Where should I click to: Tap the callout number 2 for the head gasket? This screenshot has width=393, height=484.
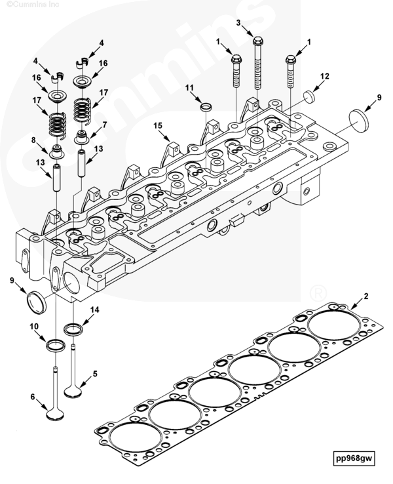(365, 296)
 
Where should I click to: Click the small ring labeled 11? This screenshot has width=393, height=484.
(205, 106)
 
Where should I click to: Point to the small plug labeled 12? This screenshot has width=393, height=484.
(309, 97)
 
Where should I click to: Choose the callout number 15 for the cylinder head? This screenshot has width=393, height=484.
(157, 125)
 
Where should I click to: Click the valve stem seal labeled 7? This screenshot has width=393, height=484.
(84, 138)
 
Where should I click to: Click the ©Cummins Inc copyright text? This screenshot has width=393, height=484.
(25, 4)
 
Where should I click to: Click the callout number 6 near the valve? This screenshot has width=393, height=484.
(33, 397)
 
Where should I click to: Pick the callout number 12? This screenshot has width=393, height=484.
(325, 76)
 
